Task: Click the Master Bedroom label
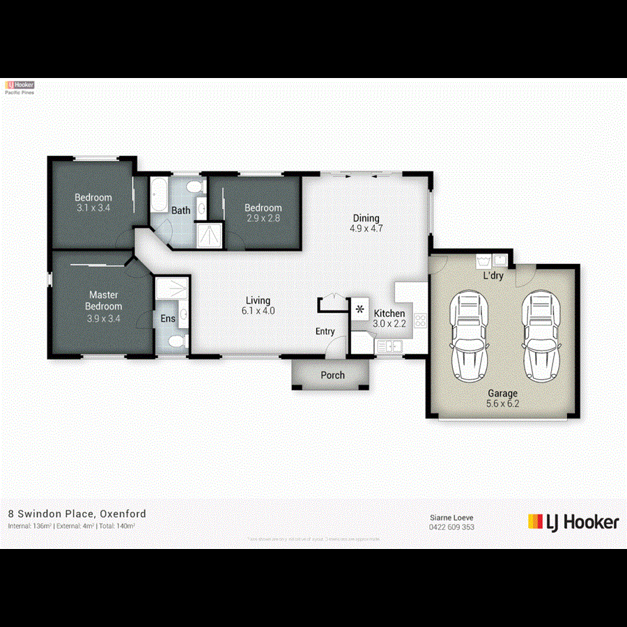[x=104, y=300]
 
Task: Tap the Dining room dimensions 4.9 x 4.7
[x=366, y=228]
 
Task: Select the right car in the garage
[x=539, y=332]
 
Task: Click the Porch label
[x=332, y=375]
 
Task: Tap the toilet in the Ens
[x=177, y=341]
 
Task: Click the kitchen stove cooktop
[x=420, y=320]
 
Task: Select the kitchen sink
[x=387, y=345]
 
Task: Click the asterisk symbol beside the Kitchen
[x=361, y=309]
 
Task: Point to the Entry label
[x=325, y=332]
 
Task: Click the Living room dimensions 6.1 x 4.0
[x=258, y=311]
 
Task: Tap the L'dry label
[x=494, y=276]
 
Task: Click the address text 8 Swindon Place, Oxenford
[x=77, y=513]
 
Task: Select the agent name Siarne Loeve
[x=451, y=518]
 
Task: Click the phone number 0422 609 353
[x=451, y=527]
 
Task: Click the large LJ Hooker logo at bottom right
[x=573, y=522]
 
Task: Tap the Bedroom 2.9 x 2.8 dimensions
[x=263, y=217]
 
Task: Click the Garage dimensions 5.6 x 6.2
[x=502, y=403]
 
